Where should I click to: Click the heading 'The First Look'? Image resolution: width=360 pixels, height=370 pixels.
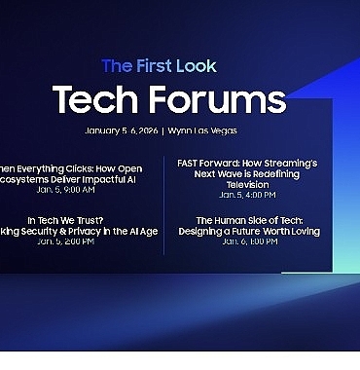(x=159, y=66)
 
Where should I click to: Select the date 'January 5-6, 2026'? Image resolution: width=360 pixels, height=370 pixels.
(x=121, y=130)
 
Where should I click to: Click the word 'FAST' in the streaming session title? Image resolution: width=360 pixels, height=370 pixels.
(x=190, y=163)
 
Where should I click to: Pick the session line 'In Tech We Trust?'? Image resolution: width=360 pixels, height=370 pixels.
(x=67, y=220)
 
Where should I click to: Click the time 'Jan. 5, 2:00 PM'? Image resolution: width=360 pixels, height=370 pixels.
(x=66, y=241)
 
